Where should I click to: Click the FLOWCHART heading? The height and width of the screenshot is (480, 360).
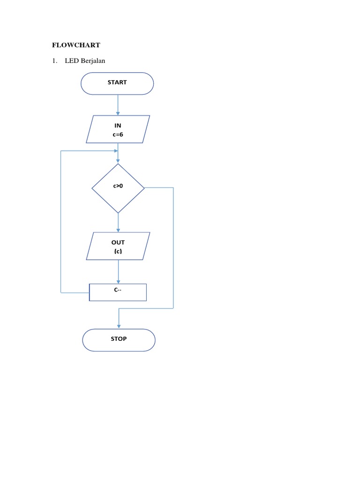click(x=76, y=45)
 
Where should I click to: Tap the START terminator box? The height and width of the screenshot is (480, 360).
click(x=117, y=83)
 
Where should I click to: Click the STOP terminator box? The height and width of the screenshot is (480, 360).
click(x=119, y=339)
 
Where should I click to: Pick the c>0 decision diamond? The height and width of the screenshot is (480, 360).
click(x=118, y=188)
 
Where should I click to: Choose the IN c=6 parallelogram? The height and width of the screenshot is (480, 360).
click(x=118, y=129)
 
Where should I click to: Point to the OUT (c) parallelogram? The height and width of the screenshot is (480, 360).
click(x=118, y=246)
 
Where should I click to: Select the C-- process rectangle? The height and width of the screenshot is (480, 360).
click(x=118, y=292)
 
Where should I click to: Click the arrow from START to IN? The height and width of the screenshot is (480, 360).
click(x=118, y=105)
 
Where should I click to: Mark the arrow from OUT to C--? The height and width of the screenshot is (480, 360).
click(x=118, y=271)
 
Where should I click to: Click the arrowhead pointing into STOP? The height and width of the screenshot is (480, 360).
click(x=119, y=326)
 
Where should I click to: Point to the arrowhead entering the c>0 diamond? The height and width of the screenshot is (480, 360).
click(x=118, y=161)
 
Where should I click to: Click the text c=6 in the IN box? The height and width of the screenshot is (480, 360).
click(x=118, y=135)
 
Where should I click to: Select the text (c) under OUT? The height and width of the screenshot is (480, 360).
click(x=118, y=252)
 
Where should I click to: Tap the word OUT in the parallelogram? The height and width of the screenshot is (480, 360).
click(x=118, y=242)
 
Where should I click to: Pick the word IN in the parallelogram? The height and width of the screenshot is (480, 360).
click(x=118, y=125)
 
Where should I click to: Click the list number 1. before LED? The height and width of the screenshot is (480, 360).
click(x=55, y=61)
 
